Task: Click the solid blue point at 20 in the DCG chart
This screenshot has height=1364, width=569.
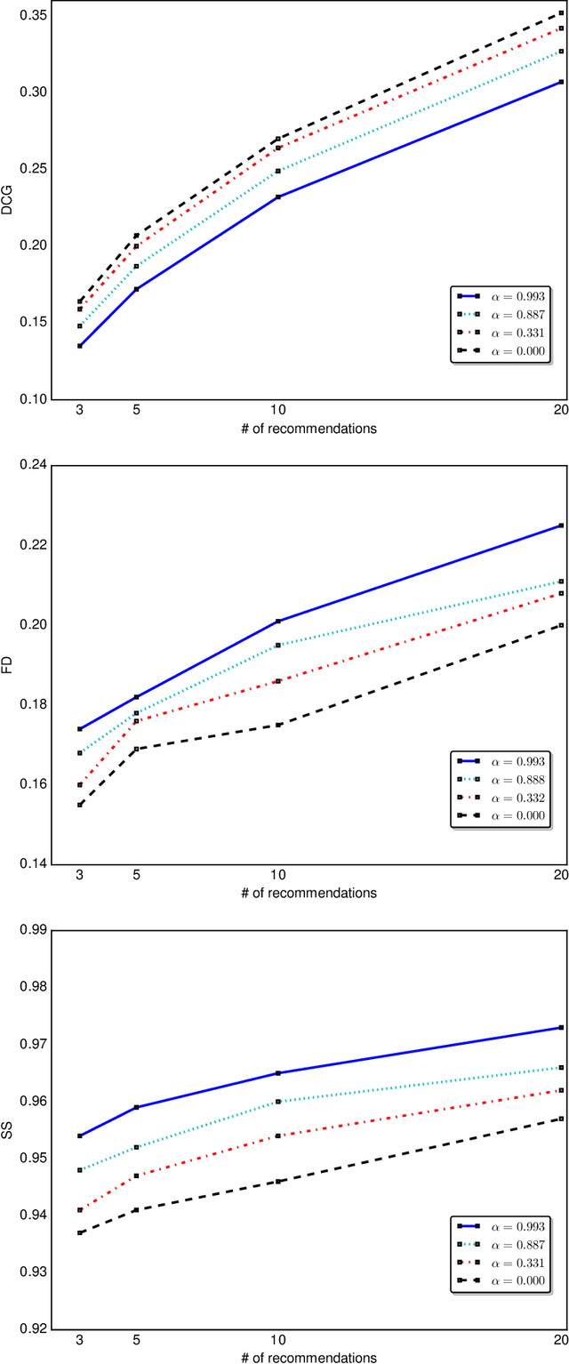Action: click(x=561, y=82)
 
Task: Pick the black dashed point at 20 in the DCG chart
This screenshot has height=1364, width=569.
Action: click(x=561, y=12)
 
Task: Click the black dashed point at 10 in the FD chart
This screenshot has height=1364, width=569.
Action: click(x=277, y=725)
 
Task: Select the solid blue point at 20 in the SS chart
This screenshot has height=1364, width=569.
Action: click(x=561, y=1027)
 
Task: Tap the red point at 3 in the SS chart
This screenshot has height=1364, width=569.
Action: click(x=80, y=1209)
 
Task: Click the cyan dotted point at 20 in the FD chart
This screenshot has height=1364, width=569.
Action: click(x=561, y=582)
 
